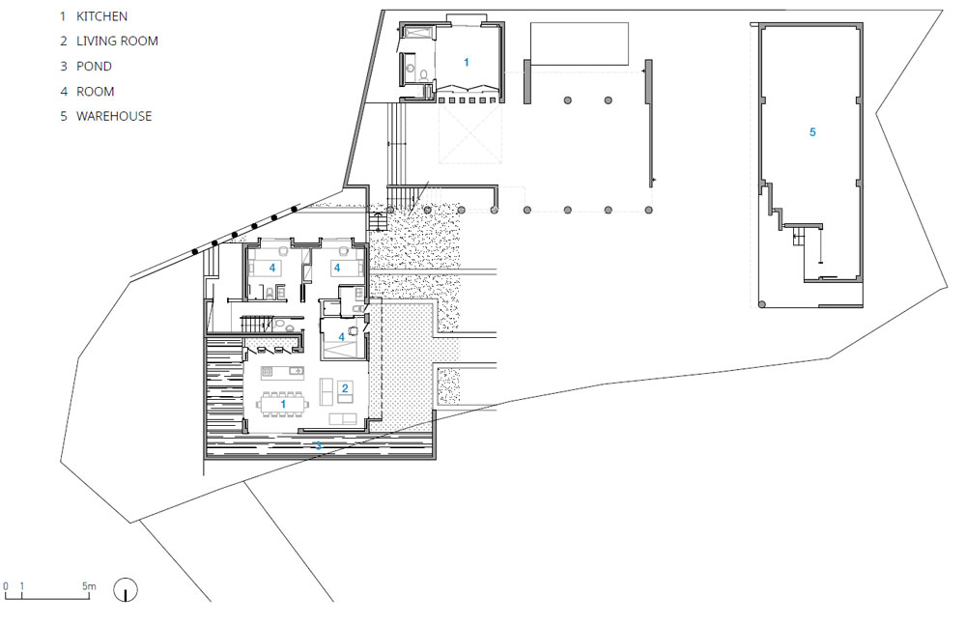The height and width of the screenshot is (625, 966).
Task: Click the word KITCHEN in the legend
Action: pyautogui.click(x=101, y=16)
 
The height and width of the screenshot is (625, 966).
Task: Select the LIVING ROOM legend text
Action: pyautogui.click(x=117, y=42)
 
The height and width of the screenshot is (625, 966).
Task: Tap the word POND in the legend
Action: pyautogui.click(x=94, y=67)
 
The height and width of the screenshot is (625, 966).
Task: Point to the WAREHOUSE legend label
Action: pyautogui.click(x=114, y=117)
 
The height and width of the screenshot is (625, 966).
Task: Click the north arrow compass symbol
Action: pyautogui.click(x=126, y=590)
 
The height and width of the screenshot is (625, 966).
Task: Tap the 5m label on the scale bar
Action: pyautogui.click(x=89, y=586)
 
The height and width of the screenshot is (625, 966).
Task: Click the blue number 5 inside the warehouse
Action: pyautogui.click(x=812, y=132)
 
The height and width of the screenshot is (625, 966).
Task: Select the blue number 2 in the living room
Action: pyautogui.click(x=345, y=388)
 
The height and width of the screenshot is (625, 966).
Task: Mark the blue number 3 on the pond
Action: pyautogui.click(x=319, y=445)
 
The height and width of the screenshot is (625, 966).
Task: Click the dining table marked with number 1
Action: pyautogui.click(x=283, y=405)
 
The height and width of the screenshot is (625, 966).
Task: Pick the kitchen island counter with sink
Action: pyautogui.click(x=281, y=371)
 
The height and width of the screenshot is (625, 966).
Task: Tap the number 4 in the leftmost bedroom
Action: pyautogui.click(x=271, y=269)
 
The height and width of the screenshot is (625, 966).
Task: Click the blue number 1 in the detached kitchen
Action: pyautogui.click(x=467, y=62)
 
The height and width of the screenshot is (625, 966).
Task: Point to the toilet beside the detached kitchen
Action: pyautogui.click(x=424, y=75)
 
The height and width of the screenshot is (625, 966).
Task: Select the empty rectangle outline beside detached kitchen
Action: pyautogui.click(x=579, y=43)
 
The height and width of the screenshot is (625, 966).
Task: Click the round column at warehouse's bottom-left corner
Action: pyautogui.click(x=762, y=304)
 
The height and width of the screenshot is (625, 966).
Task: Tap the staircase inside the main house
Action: pyautogui.click(x=256, y=324)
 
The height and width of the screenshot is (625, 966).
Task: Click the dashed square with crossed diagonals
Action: pyautogui.click(x=470, y=133)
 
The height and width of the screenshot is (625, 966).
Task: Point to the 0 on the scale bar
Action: pyautogui.click(x=6, y=586)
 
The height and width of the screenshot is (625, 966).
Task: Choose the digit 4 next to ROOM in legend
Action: pyautogui.click(x=64, y=92)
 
